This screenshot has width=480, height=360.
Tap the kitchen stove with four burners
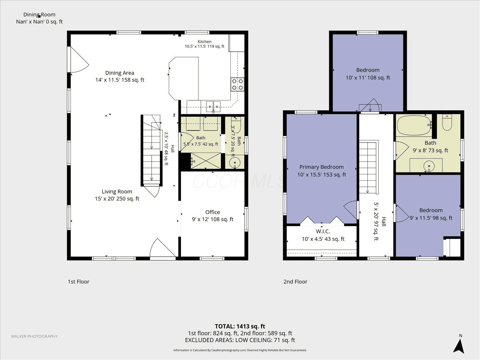tap(238, 84)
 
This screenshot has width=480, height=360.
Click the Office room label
tap(212, 216)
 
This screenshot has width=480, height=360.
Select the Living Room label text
tap(117, 195)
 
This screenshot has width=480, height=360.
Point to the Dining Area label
tap(120, 76)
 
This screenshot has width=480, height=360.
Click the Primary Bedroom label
tap(322, 171)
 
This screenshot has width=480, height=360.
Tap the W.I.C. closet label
tap(323, 235)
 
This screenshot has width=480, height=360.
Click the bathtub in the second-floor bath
tap(414, 125)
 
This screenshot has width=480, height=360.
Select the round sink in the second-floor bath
tap(429, 166)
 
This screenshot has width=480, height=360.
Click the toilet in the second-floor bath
tap(447, 122)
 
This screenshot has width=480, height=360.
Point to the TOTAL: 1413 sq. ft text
tap(240, 326)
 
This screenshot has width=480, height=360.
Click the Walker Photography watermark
tap(34, 336)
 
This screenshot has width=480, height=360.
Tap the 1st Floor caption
tap(78, 282)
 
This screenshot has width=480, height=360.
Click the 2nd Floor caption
tap(295, 282)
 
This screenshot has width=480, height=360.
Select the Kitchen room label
tap(204, 44)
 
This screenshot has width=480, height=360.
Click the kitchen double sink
tap(214, 106)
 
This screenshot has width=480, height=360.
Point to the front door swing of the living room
tap(162, 248)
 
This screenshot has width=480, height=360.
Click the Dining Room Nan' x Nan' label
tap(39, 18)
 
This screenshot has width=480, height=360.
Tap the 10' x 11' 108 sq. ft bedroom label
tap(368, 74)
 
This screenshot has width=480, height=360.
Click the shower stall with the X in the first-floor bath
tap(206, 161)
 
